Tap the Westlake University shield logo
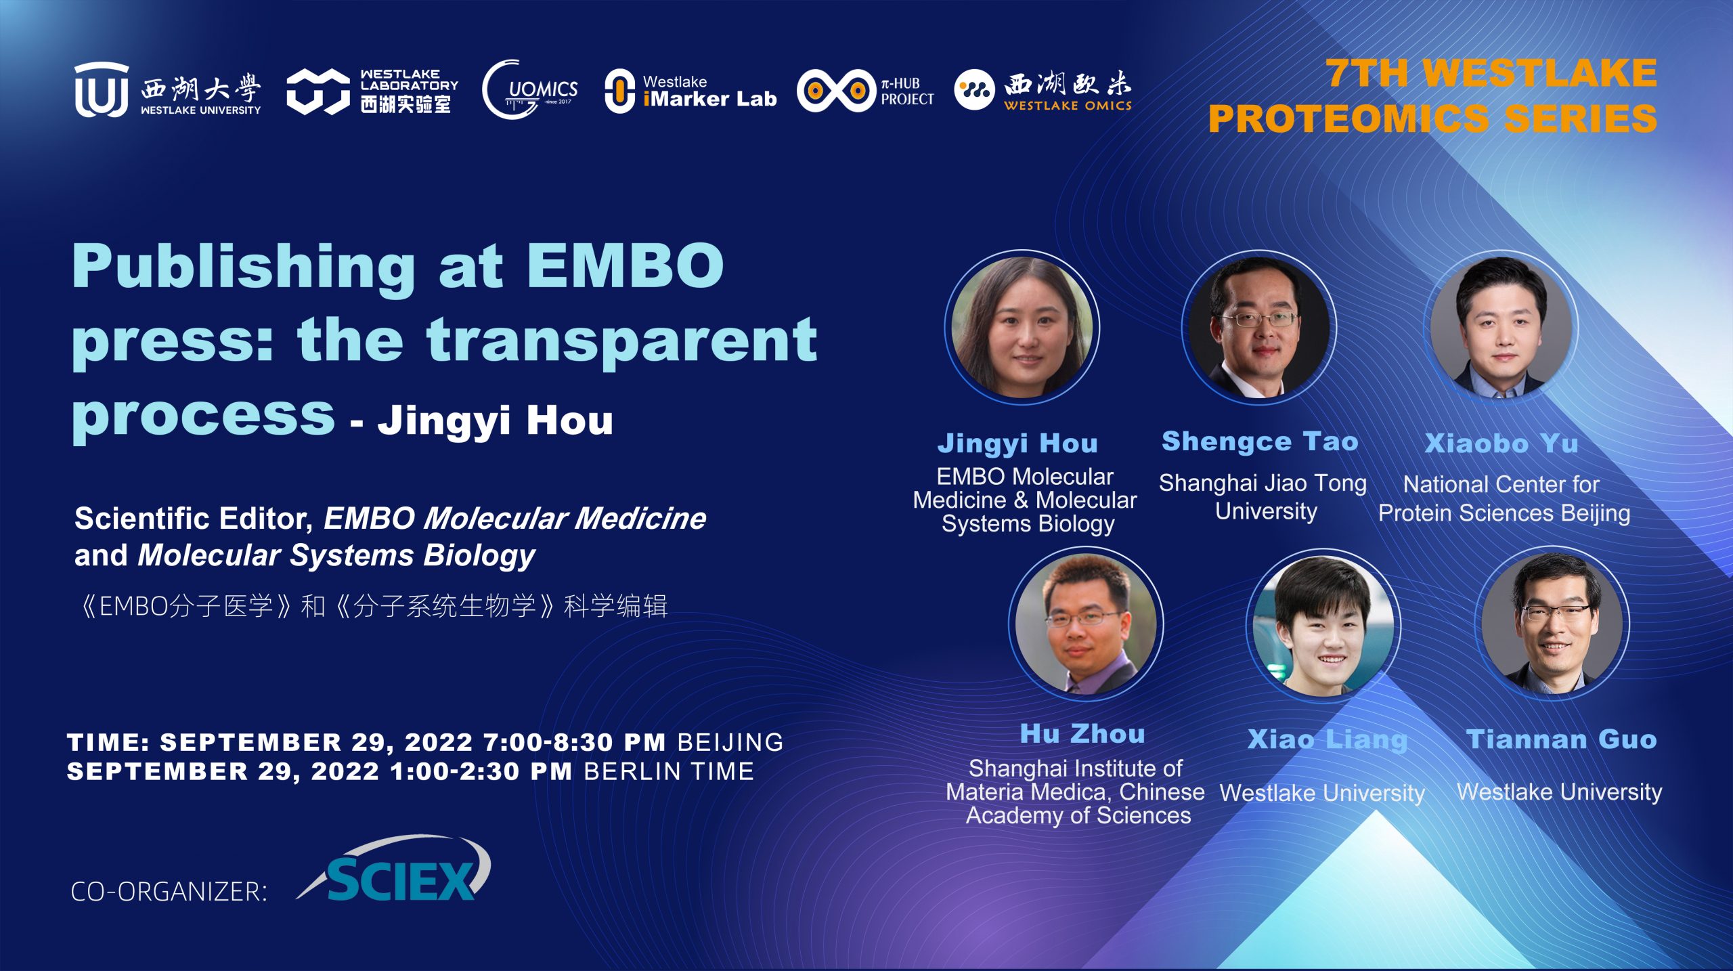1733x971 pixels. (x=102, y=89)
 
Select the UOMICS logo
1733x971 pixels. (x=530, y=89)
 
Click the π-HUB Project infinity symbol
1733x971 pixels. (x=837, y=90)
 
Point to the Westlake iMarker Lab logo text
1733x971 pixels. (x=709, y=91)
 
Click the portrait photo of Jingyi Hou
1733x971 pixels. (x=1022, y=328)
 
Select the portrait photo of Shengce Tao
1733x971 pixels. (x=1258, y=328)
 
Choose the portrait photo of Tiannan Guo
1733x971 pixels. (x=1552, y=623)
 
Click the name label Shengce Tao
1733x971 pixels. (x=1260, y=441)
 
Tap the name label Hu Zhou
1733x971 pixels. (x=1082, y=734)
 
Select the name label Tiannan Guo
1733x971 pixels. (x=1561, y=739)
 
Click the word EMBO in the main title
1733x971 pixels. (x=626, y=265)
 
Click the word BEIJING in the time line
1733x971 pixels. (x=730, y=742)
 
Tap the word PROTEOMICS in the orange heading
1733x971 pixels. (x=1349, y=118)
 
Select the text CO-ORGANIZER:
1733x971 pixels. (x=169, y=892)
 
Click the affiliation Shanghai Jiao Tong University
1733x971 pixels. (x=1263, y=497)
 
